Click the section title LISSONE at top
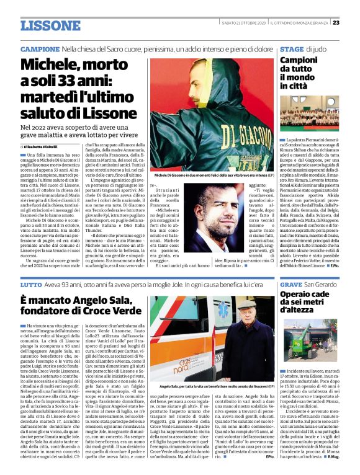point(50,25)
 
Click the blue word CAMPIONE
point(40,48)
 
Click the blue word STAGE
point(292,48)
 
